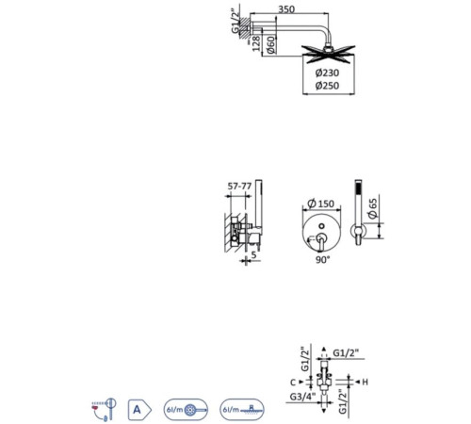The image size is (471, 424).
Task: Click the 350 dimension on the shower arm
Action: [286, 9]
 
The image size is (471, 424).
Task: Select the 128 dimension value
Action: [256, 43]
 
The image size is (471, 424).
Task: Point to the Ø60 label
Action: [271, 44]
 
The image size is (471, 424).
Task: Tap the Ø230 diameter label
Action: [327, 73]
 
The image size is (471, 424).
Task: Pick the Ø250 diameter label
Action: [327, 86]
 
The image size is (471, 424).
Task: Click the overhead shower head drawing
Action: [328, 54]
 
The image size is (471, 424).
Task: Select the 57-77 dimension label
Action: [239, 187]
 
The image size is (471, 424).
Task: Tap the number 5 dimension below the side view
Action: [254, 254]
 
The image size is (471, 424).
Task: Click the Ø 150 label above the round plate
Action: [321, 204]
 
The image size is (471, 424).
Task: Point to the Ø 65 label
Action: [372, 208]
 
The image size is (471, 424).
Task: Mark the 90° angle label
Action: [323, 260]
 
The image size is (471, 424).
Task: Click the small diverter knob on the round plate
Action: [321, 226]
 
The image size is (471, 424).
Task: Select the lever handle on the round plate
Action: [319, 242]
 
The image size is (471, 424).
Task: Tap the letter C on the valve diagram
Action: [293, 383]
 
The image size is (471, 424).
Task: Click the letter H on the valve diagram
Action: [365, 383]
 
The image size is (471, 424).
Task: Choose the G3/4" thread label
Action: [302, 397]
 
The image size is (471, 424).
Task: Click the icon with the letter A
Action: [139, 410]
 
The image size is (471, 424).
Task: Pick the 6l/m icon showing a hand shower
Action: [186, 410]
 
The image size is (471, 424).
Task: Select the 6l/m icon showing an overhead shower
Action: [242, 410]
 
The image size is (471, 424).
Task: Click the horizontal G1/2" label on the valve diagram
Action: [346, 353]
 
